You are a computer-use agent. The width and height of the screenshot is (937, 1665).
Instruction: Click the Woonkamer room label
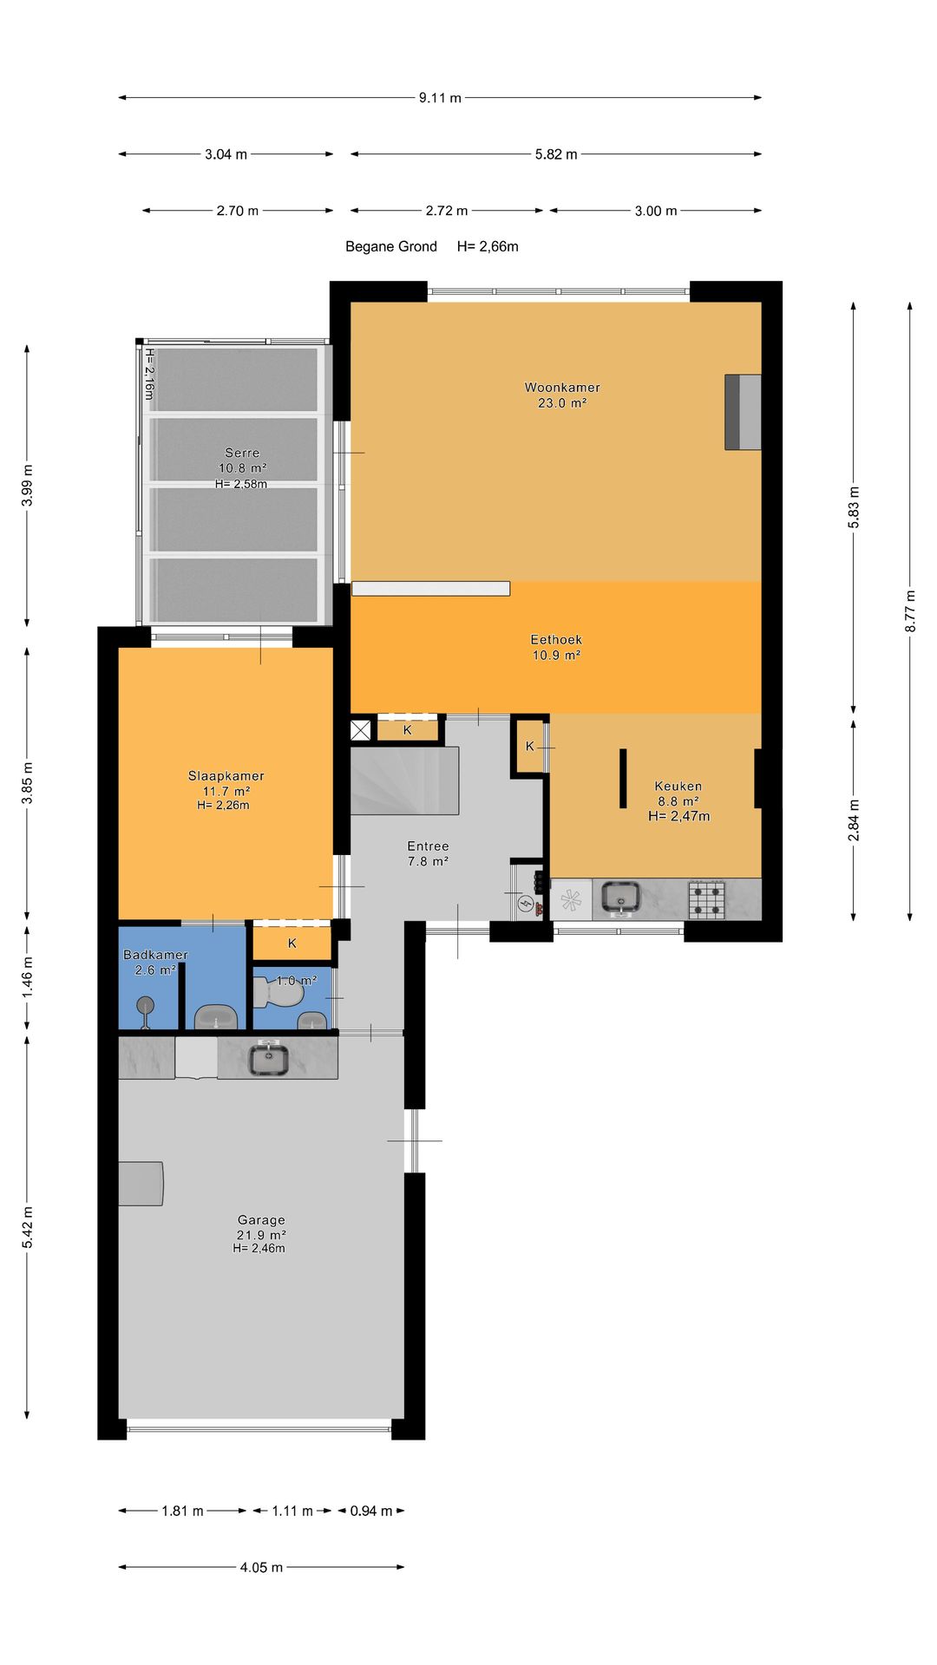(562, 395)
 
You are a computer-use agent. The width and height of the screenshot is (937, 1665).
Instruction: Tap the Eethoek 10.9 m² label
(556, 647)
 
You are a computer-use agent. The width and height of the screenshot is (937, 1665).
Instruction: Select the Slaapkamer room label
(226, 790)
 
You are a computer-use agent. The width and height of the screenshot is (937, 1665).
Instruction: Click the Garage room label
(260, 1233)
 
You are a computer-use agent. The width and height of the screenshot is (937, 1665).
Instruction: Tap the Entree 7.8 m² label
(428, 853)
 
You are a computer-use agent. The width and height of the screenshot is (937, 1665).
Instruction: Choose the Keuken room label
(678, 800)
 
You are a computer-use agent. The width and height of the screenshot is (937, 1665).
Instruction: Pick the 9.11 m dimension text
(440, 98)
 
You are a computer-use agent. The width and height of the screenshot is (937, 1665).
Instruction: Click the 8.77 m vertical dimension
(910, 610)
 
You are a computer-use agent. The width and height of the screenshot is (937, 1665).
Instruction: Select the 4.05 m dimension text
(261, 1567)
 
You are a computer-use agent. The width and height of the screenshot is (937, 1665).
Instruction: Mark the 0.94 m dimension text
(371, 1511)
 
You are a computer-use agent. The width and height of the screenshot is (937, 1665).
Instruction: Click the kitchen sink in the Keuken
(621, 898)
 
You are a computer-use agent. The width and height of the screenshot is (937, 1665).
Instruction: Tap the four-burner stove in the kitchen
(707, 899)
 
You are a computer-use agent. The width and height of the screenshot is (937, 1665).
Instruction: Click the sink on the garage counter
(269, 1058)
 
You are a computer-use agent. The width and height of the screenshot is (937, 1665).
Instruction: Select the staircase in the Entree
(404, 780)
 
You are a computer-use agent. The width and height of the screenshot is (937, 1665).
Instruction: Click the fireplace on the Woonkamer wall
(743, 412)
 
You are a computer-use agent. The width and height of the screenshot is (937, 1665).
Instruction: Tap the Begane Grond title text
(391, 246)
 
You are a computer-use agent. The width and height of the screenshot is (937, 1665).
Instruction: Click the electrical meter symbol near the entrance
(526, 904)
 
